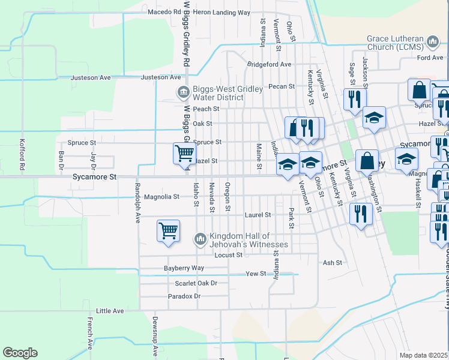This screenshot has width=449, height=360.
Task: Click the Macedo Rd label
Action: click(x=164, y=12)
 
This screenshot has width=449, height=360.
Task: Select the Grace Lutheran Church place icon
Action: click(x=433, y=41)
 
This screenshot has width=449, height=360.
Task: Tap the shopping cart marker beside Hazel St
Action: click(x=184, y=153)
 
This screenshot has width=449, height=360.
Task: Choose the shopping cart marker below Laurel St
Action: click(x=168, y=231)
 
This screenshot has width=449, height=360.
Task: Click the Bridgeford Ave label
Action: click(x=268, y=64)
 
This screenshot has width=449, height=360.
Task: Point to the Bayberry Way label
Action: click(x=184, y=268)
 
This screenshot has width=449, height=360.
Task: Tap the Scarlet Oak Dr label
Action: click(x=196, y=283)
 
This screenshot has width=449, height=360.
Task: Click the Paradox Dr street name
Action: click(x=184, y=296)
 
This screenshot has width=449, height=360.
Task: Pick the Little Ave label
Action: click(x=110, y=311)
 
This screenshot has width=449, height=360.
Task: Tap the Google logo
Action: click(x=20, y=353)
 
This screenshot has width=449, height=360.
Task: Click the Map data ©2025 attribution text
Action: click(x=424, y=355)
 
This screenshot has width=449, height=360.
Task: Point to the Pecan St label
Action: click(x=282, y=86)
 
